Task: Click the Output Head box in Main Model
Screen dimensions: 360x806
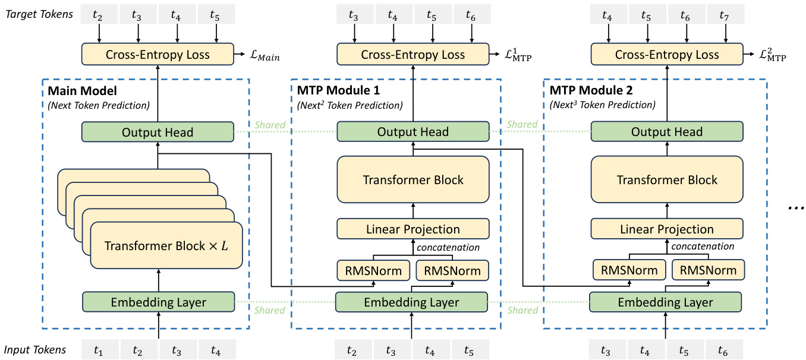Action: pos(158,132)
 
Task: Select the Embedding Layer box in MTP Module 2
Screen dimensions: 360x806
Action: pos(666,302)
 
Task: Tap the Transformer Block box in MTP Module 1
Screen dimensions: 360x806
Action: pos(413,180)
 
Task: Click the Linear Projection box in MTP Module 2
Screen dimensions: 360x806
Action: pos(666,229)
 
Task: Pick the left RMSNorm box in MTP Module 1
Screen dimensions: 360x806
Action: pos(373,270)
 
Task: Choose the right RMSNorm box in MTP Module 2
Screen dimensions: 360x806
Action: pos(707,270)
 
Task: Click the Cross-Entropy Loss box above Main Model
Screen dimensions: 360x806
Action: pos(158,55)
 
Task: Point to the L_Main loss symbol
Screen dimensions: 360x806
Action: pos(265,56)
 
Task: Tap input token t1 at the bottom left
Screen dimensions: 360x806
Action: pos(99,350)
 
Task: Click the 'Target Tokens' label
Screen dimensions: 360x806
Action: pos(39,14)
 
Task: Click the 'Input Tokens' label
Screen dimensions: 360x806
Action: pos(35,350)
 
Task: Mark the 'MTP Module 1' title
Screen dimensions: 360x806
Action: pos(338,91)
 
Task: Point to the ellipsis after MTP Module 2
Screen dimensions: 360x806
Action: pos(795,208)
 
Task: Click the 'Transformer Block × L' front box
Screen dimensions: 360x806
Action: pos(166,245)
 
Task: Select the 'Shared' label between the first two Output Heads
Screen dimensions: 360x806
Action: pos(270,125)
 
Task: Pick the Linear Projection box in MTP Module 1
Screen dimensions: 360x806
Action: pos(413,229)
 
